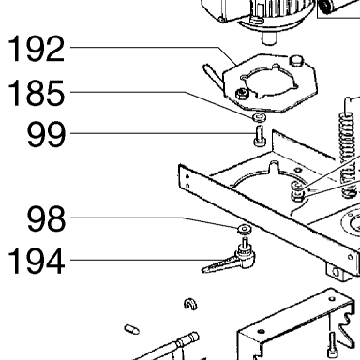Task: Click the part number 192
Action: click(37, 49)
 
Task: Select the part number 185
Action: click(37, 93)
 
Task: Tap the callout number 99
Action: click(46, 134)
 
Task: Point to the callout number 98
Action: click(46, 218)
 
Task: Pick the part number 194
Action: click(37, 261)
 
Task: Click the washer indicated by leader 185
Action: click(259, 117)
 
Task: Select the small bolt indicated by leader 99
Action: click(259, 135)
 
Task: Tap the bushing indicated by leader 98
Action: click(244, 229)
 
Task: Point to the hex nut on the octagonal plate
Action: click(242, 94)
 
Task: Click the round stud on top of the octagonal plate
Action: click(296, 60)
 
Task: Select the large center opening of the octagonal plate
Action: click(269, 82)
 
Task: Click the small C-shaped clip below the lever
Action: click(190, 304)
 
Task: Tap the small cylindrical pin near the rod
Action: click(131, 329)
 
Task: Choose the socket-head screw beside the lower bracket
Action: click(332, 345)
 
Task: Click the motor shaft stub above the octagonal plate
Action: click(268, 37)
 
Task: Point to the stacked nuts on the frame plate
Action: click(297, 191)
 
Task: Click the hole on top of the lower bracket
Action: click(262, 332)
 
